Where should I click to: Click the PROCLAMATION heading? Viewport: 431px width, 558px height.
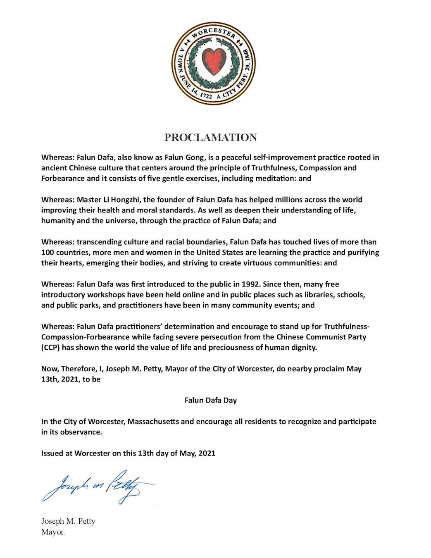211,138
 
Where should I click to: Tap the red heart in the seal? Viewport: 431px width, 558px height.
214,61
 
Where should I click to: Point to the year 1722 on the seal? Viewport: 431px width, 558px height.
205,95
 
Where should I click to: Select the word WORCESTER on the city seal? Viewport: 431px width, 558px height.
214,33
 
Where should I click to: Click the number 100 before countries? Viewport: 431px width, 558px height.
48,253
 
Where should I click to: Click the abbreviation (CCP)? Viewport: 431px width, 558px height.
50,348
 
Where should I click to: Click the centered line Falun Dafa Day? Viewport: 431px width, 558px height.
211,400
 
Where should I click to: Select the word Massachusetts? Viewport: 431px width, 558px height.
153,422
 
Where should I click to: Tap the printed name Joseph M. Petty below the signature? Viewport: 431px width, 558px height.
68,521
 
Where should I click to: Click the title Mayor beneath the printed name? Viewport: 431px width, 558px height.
53,532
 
